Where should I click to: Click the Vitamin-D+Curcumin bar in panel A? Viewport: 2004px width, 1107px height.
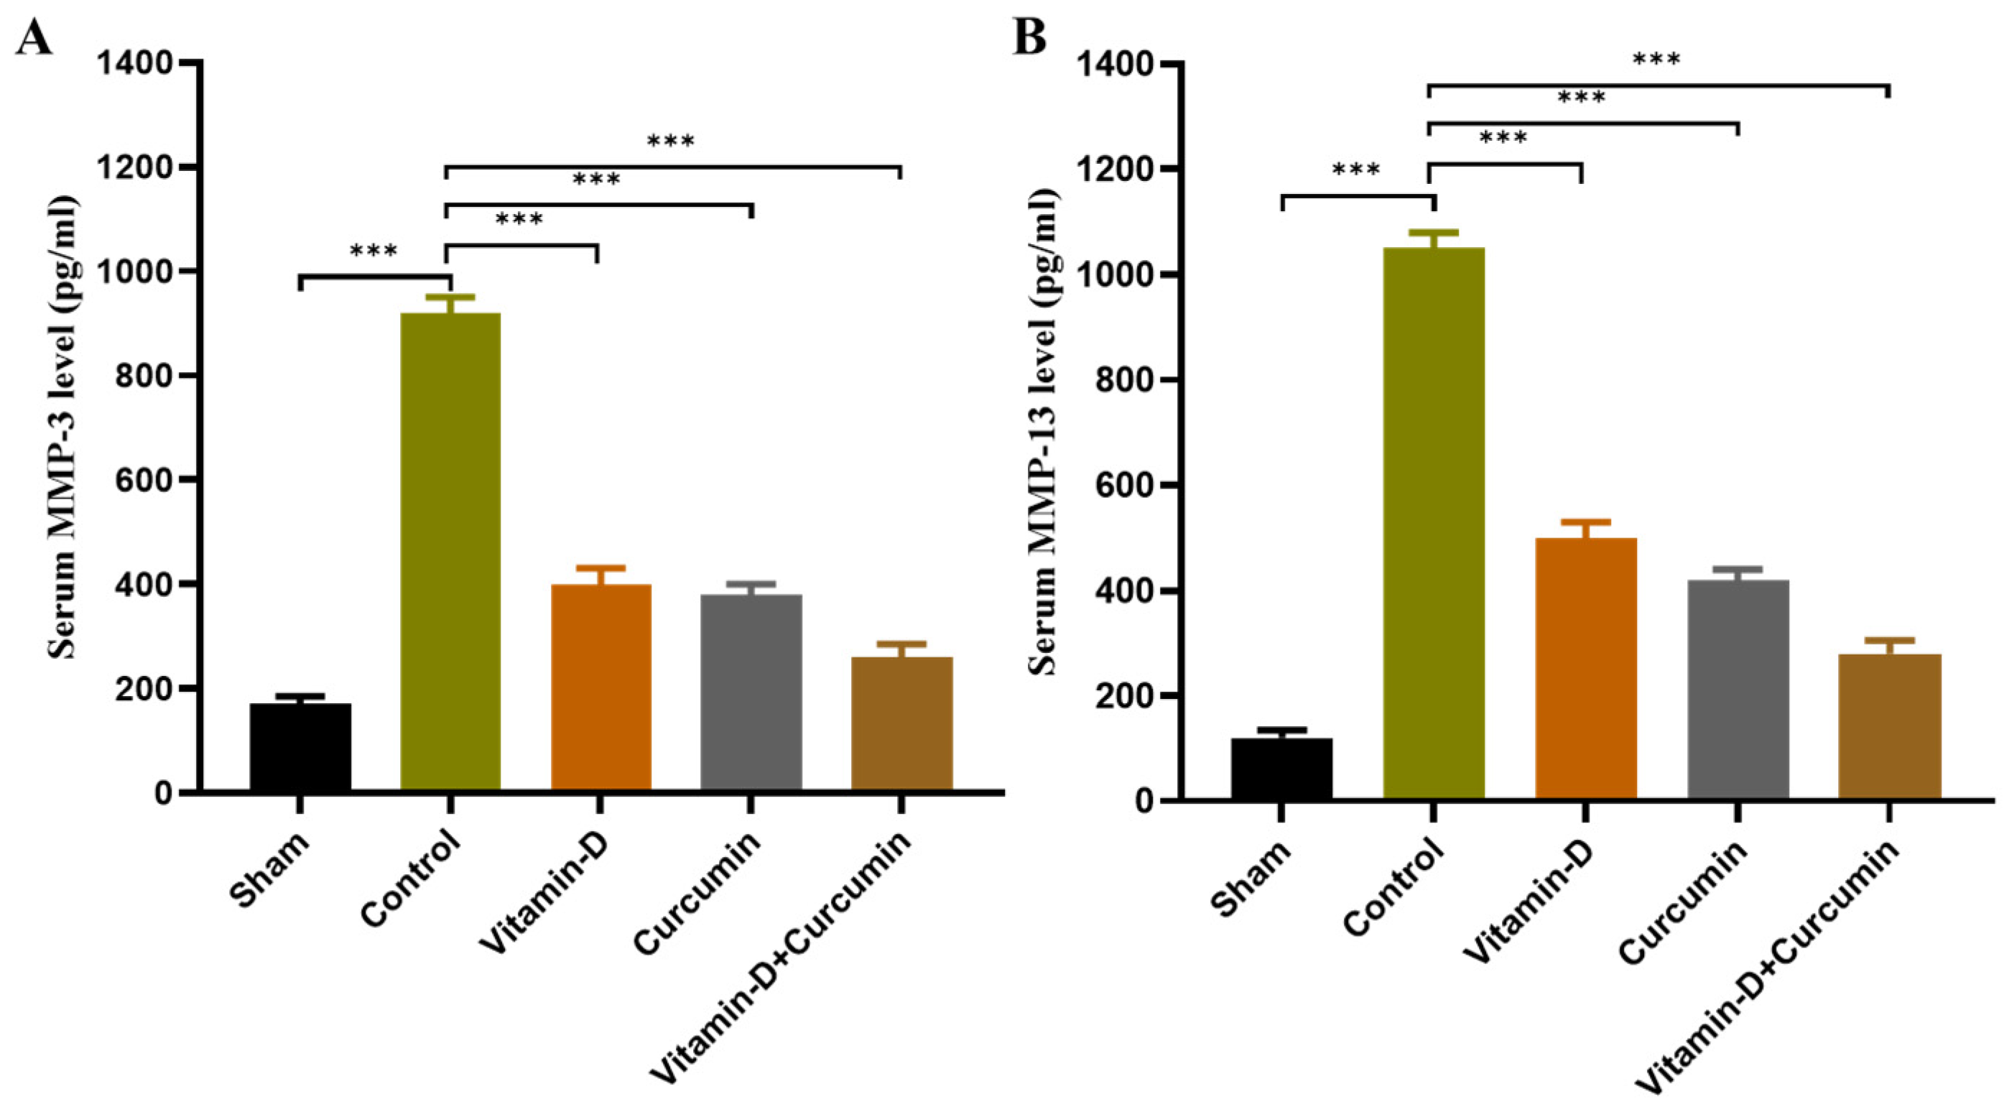[901, 723]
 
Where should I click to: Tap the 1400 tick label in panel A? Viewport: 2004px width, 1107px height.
[144, 63]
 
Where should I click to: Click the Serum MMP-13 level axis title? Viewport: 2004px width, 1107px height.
[1045, 432]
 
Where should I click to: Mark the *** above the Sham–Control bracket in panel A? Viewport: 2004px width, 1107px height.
[374, 251]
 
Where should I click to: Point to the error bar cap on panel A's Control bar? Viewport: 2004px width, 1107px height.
[450, 297]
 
